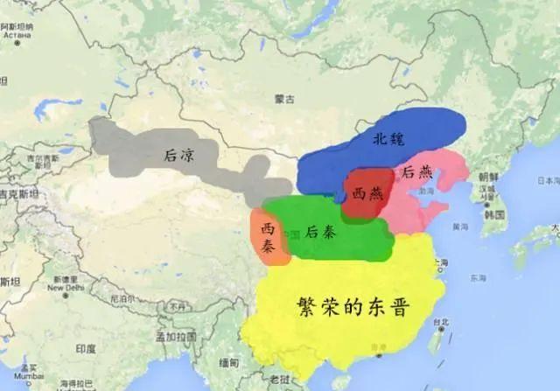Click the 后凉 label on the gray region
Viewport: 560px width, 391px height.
pyautogui.click(x=179, y=155)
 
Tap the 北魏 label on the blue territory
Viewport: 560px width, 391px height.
pyautogui.click(x=389, y=139)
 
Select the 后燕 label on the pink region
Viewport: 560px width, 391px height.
pyautogui.click(x=414, y=173)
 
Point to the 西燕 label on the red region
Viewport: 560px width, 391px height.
pyautogui.click(x=367, y=193)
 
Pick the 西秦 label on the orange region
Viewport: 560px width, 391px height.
pyautogui.click(x=268, y=237)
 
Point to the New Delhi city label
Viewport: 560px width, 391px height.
pyautogui.click(x=66, y=287)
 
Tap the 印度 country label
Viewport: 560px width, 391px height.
pyautogui.click(x=85, y=348)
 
